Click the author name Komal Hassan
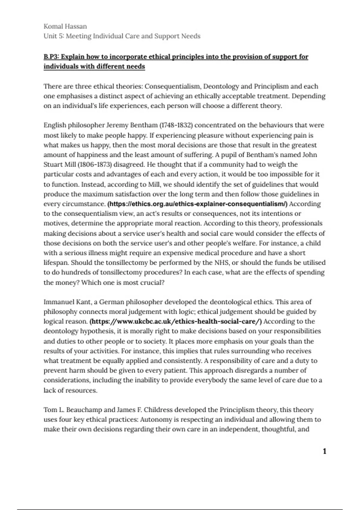click(x=65, y=26)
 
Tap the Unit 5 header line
click(x=122, y=36)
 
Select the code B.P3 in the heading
click(x=51, y=57)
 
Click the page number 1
click(x=324, y=451)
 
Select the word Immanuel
click(x=59, y=302)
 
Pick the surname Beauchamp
click(x=84, y=410)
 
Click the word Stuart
click(x=52, y=164)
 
